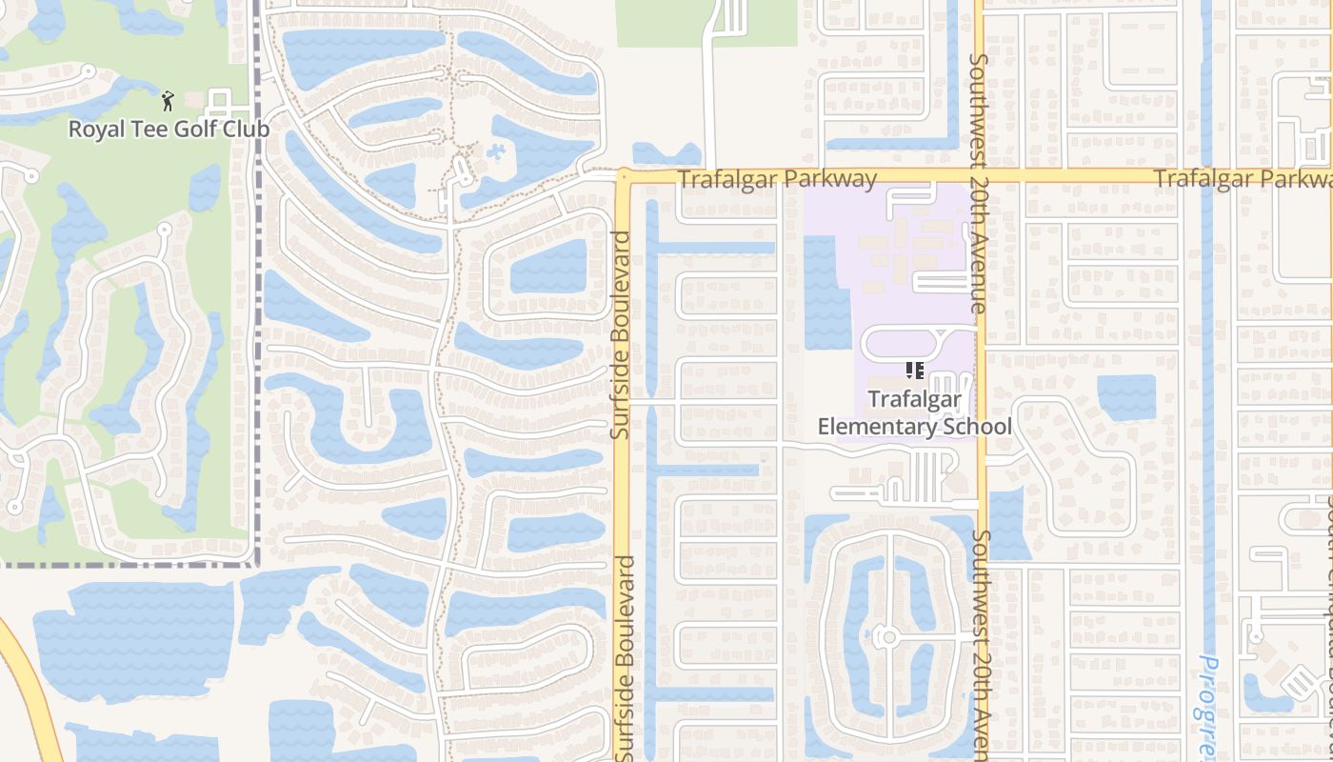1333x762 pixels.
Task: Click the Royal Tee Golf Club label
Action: pos(169,129)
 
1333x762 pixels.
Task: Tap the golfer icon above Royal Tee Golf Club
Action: pos(169,100)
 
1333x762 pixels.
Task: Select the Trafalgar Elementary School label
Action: pos(915,412)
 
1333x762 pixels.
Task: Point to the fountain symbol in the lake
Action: pos(497,151)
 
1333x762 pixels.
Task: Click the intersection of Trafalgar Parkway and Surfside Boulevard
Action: pos(622,177)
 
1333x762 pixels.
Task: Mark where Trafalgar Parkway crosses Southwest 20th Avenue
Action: pos(980,177)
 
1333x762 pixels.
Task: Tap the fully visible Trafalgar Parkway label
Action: pos(777,178)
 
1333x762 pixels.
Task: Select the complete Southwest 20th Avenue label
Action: pos(978,183)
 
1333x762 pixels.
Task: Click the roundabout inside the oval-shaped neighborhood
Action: pos(887,635)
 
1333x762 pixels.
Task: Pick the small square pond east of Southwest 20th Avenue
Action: pos(1126,397)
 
